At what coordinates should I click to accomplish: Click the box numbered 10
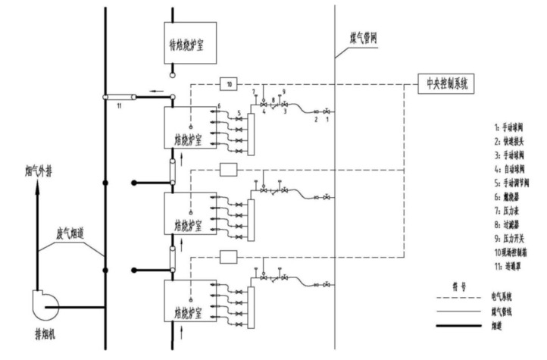pos(230,83)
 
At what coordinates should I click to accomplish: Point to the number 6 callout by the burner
pos(218,104)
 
